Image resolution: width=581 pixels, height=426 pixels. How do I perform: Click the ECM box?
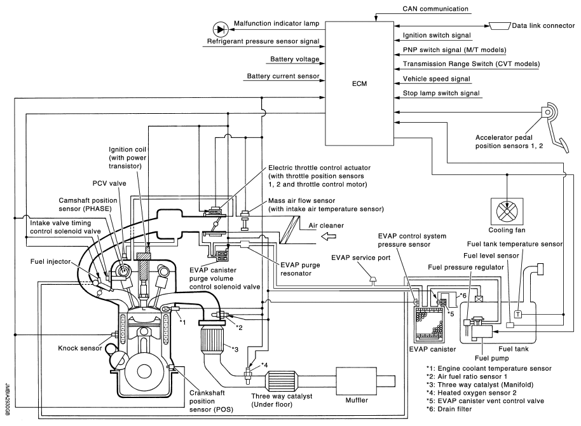coord(360,83)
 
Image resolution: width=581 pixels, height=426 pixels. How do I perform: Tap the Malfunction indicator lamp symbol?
coord(221,29)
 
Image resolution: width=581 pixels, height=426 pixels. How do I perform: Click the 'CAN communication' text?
coord(435,10)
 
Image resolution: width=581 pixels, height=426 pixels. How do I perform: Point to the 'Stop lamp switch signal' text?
coord(441,93)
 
